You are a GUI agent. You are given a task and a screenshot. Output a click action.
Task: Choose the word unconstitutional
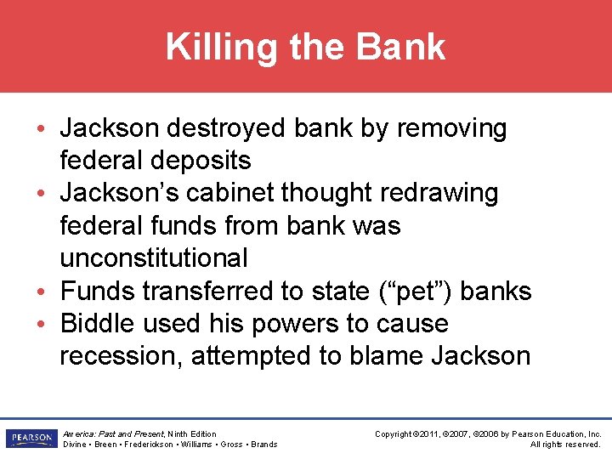(x=154, y=258)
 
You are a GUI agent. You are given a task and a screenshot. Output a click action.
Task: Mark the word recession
(x=121, y=355)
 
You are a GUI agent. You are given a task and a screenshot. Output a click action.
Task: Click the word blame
(x=383, y=355)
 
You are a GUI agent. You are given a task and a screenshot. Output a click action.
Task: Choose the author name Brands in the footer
(x=264, y=445)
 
